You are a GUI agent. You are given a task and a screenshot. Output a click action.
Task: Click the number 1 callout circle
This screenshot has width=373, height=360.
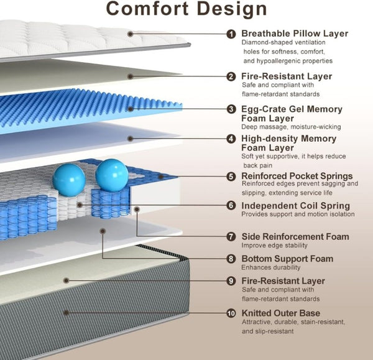(x=231, y=34)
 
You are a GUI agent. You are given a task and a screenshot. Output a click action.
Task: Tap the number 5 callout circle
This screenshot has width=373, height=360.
(x=231, y=177)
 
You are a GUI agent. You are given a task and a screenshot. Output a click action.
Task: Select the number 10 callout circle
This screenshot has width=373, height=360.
(x=231, y=313)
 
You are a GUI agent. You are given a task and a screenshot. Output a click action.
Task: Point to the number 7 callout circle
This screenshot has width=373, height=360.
(x=231, y=236)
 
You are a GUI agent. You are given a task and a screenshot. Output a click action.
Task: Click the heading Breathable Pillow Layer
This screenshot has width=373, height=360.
(x=295, y=34)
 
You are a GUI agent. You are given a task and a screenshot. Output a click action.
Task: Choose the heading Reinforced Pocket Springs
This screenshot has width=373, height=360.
(x=297, y=176)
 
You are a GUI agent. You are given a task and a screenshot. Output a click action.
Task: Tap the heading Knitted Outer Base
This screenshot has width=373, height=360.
(x=281, y=313)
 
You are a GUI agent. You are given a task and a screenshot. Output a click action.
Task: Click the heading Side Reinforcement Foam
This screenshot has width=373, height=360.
(x=295, y=236)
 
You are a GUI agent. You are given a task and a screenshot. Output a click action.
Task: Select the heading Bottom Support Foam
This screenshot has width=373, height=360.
(x=287, y=259)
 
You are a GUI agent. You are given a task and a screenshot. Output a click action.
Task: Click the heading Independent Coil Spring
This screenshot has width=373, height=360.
(x=296, y=206)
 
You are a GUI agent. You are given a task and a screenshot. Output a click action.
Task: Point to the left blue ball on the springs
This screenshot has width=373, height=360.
(x=69, y=180)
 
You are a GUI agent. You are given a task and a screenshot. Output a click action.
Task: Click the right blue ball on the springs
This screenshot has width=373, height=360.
(x=112, y=175)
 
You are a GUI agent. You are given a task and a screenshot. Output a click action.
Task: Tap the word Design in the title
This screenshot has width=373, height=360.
(x=232, y=9)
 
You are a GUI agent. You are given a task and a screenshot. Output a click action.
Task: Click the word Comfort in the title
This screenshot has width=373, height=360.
(x=147, y=9)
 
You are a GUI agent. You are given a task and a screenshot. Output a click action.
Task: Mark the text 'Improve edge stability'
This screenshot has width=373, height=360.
(x=275, y=246)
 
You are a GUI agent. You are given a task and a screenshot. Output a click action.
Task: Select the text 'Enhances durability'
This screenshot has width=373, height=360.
(x=271, y=267)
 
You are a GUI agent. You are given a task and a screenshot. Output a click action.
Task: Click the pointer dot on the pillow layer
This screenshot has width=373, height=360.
(x=130, y=34)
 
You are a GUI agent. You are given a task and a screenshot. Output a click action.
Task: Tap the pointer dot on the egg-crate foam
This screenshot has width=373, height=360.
(x=131, y=109)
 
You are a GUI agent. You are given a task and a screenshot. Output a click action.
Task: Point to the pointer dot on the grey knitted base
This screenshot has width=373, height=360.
(x=67, y=313)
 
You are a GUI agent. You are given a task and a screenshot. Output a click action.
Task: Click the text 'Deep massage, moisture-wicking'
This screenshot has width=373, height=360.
(x=291, y=127)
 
